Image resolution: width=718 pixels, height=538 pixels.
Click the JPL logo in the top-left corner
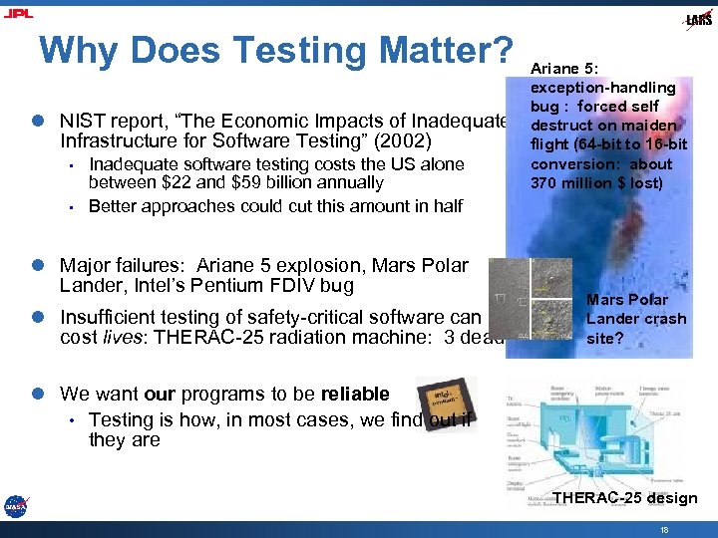point(18,12)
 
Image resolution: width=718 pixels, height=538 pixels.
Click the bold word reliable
point(347,394)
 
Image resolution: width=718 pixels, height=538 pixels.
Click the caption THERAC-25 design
point(624,498)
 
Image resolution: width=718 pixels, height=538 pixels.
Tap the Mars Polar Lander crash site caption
point(635,319)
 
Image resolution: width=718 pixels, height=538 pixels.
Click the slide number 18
point(664,530)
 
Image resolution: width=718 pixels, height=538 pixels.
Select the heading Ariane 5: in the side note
point(564,69)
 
